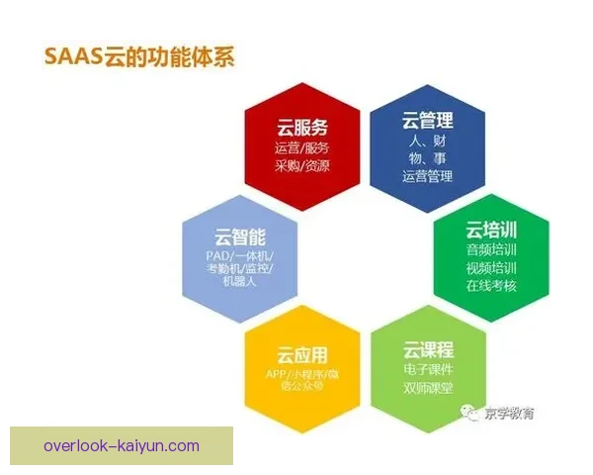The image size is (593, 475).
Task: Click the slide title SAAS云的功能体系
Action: [x=138, y=56]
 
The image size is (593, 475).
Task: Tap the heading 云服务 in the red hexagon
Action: [x=301, y=127]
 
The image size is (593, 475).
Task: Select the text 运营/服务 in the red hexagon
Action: [x=301, y=147]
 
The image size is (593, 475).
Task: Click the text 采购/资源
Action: [x=301, y=165]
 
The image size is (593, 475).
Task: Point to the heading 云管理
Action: [x=428, y=121]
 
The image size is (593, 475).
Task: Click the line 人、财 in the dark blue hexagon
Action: [x=428, y=142]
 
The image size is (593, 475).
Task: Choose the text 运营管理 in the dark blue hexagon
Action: [x=428, y=177]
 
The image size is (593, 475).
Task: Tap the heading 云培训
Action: [x=491, y=231]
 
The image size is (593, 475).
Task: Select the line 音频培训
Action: [x=491, y=250]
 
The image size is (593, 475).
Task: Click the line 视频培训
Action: [x=491, y=268]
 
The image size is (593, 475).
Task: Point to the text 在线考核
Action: [x=491, y=287]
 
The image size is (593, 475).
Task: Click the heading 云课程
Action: [x=428, y=349]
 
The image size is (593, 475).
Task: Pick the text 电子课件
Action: [x=428, y=369]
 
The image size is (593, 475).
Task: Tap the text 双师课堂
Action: [x=428, y=387]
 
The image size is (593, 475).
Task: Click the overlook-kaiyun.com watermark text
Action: [x=122, y=445]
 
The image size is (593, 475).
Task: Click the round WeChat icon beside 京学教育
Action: [x=472, y=413]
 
